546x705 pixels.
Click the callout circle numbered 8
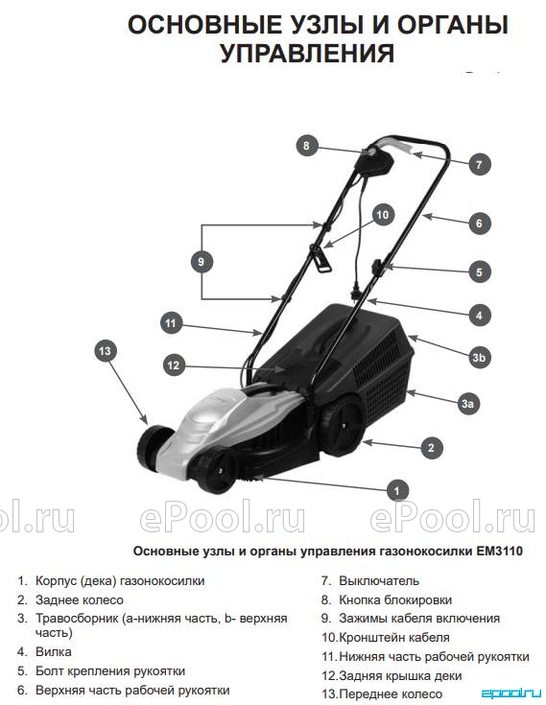pos(306,146)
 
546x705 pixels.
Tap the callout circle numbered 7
pos(479,165)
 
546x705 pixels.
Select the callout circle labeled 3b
pos(479,358)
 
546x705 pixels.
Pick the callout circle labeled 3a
pos(467,403)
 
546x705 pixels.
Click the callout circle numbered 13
pos(106,351)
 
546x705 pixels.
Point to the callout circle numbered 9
pos(202,262)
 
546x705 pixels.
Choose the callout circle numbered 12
pos(173,365)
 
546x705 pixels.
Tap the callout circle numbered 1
pos(396,490)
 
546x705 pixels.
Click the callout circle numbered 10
pos(382,215)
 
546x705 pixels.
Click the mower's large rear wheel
pos(343,424)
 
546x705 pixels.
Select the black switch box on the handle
pos(374,164)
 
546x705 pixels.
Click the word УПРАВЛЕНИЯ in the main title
pos(307,53)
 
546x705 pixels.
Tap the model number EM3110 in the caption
pos(499,551)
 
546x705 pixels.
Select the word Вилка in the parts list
pos(53,651)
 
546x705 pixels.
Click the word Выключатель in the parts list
pos(379,580)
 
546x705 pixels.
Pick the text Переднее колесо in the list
pos(391,693)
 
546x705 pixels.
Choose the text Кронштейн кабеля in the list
pos(394,637)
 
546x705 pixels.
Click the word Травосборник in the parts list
pos(78,619)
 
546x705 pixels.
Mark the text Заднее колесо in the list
pos(79,599)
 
